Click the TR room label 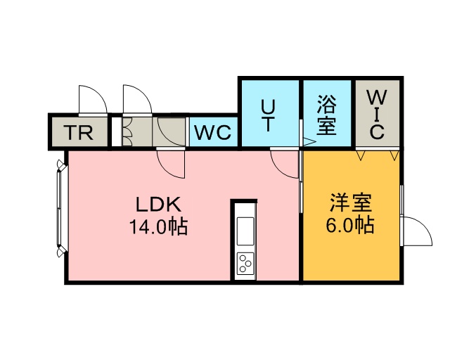tap(79, 132)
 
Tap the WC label tap(213, 132)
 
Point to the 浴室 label tap(326, 116)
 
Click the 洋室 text tap(349, 204)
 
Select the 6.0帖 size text tap(349, 226)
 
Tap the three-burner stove tap(245, 264)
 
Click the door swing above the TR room tap(92, 100)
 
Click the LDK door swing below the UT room tap(285, 164)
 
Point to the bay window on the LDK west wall tap(60, 210)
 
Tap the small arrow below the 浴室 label tap(307, 142)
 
